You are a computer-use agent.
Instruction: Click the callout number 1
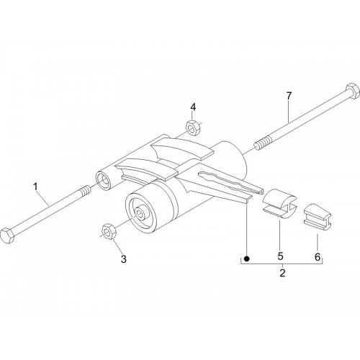tap(35, 186)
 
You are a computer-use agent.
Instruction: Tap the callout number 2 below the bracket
tap(282, 273)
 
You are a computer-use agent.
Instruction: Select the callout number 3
tap(123, 259)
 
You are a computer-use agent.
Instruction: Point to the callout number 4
tap(193, 107)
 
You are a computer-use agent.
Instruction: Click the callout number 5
tap(280, 256)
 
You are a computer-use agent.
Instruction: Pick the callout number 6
tap(318, 257)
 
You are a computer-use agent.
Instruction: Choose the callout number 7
tap(289, 96)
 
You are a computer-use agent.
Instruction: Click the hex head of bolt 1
tap(7, 235)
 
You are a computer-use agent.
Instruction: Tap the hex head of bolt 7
tap(353, 91)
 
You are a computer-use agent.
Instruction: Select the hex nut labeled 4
tap(192, 128)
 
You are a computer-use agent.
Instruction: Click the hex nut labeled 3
tap(109, 231)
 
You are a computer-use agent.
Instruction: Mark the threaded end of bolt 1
tap(85, 191)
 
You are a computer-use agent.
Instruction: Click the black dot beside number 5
tap(246, 258)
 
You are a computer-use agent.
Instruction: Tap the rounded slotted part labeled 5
tap(280, 204)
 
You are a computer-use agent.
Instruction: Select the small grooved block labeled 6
tap(318, 217)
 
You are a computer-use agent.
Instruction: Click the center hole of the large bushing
tap(140, 212)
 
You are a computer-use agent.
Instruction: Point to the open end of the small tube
tap(103, 180)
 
